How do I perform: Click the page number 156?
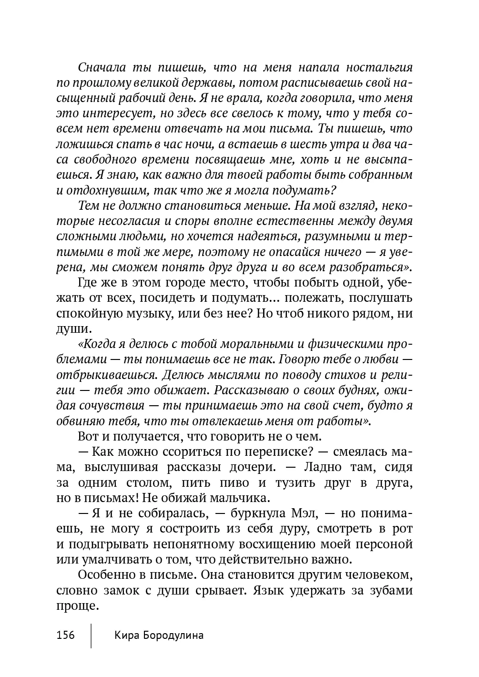[66, 635]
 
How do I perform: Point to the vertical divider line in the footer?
[91, 635]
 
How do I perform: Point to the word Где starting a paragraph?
[87, 283]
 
